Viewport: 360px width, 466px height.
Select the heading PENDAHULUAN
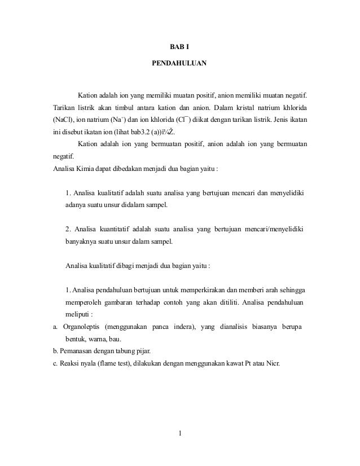click(179, 64)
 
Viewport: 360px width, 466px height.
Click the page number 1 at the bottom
click(179, 433)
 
